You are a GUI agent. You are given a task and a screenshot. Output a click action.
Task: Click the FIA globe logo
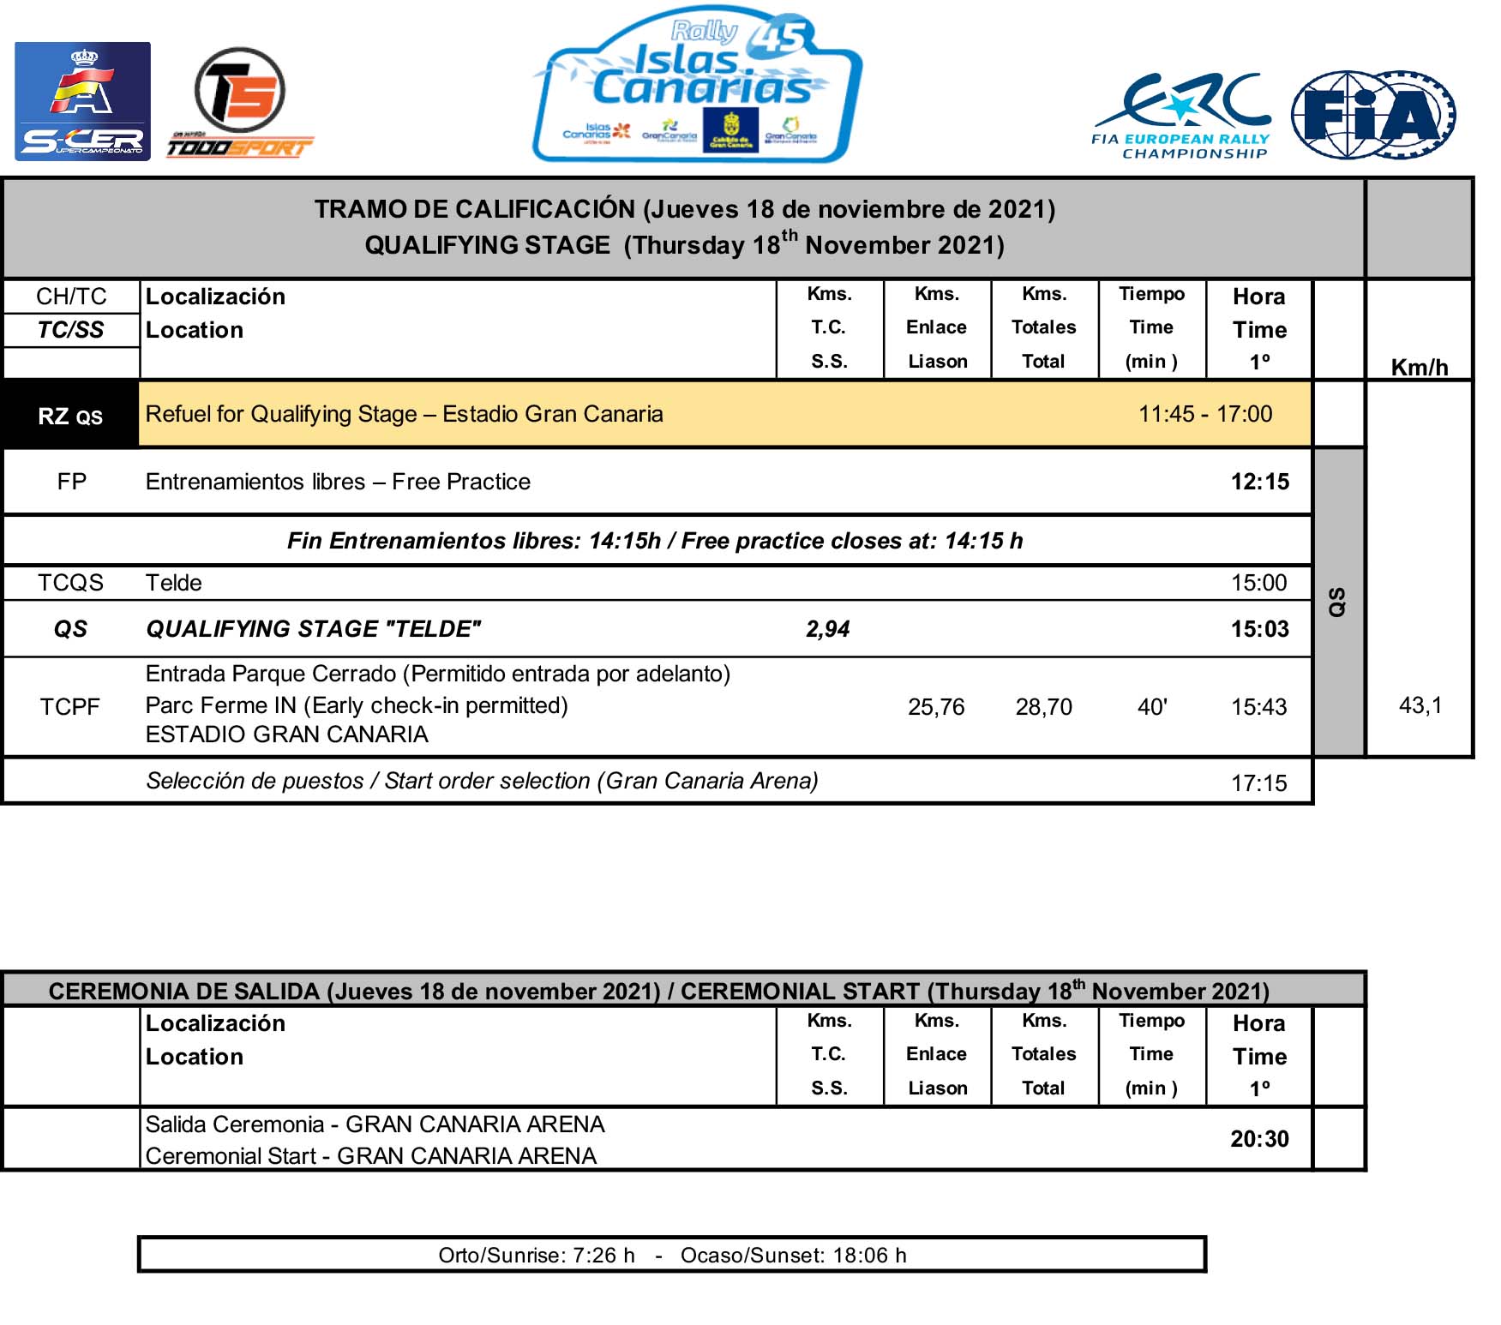point(1373,115)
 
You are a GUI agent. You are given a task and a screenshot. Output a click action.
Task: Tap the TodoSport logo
point(239,104)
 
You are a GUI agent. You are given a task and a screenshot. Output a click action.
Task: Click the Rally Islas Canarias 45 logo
point(698,86)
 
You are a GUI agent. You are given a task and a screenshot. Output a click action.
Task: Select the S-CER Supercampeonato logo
point(82,101)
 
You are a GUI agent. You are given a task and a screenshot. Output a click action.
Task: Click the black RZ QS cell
point(70,416)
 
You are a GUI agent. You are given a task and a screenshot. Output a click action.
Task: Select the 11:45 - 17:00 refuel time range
point(1204,414)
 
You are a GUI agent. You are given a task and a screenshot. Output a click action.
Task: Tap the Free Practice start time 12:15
point(1259,482)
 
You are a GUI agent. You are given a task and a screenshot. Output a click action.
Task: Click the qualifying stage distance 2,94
point(827,629)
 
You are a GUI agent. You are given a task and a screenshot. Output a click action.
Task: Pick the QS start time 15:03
point(1259,629)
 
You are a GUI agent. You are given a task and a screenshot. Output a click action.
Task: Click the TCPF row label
point(70,707)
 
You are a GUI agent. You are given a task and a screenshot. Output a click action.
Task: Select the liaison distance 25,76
point(936,707)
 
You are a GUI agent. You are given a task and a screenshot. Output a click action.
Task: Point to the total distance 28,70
point(1043,707)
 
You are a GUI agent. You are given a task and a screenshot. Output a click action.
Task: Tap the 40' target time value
point(1152,707)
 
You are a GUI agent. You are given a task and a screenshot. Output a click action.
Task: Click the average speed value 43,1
point(1420,705)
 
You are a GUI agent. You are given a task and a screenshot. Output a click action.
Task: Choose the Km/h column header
point(1419,368)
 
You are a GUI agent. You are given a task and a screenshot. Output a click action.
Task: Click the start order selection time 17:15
point(1258,782)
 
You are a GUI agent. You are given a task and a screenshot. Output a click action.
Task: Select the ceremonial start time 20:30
point(1259,1139)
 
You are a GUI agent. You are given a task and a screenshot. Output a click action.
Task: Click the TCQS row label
point(70,583)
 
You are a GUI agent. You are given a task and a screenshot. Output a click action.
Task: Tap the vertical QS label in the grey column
point(1337,602)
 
